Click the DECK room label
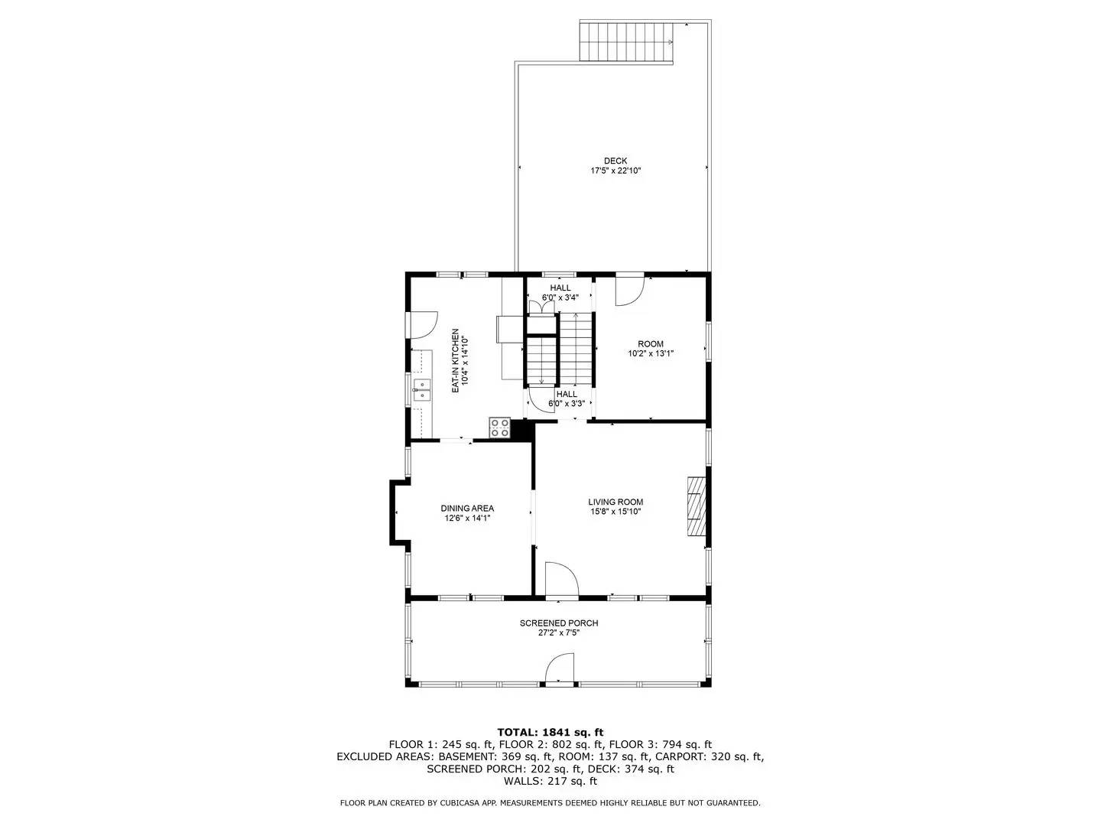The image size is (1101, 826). pyautogui.click(x=615, y=161)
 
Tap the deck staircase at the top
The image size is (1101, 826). pyautogui.click(x=626, y=41)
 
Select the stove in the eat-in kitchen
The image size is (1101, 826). pyautogui.click(x=499, y=428)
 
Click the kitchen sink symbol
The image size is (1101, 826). pyautogui.click(x=421, y=389)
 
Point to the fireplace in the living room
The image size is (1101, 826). pyautogui.click(x=696, y=506)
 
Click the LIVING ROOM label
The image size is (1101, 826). pyautogui.click(x=615, y=502)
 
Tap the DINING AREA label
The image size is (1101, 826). pyautogui.click(x=466, y=508)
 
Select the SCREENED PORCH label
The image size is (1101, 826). pyautogui.click(x=558, y=623)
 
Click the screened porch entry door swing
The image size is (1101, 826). pyautogui.click(x=560, y=668)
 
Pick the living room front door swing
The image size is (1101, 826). pyautogui.click(x=561, y=578)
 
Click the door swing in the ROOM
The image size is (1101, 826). pyautogui.click(x=630, y=290)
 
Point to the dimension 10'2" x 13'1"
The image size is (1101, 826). pyautogui.click(x=651, y=354)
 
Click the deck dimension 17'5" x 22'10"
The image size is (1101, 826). pyautogui.click(x=615, y=171)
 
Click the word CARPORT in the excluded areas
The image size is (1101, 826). pyautogui.click(x=684, y=756)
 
